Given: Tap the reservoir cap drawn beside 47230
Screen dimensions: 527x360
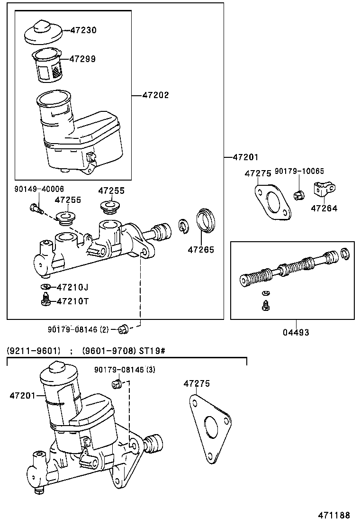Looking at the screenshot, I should coord(43,32).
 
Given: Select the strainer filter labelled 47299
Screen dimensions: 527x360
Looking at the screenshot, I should coord(49,65).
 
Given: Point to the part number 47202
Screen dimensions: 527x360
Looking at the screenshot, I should coord(155,95).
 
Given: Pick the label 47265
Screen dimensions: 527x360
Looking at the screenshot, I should coord(200,249).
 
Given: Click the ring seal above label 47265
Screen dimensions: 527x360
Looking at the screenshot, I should coord(206,220).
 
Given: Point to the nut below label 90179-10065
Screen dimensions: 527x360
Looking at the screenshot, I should coord(298,194).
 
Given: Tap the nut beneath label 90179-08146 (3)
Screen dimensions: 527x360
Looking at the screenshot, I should coord(117,383).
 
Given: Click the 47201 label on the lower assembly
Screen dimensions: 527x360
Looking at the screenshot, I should coord(22,395).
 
